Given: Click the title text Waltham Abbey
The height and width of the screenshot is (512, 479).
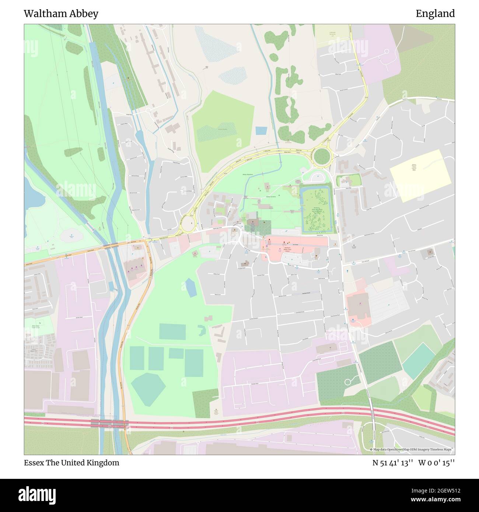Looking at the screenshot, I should (61, 14).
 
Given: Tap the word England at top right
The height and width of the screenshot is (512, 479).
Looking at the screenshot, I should (435, 14).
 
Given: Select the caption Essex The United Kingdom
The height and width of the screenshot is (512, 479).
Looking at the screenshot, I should (71, 463).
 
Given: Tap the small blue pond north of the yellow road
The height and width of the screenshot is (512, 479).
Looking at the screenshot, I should (261, 130).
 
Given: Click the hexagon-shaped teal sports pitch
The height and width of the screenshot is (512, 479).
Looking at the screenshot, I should (148, 385).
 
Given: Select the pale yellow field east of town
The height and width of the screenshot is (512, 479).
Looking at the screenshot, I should (420, 175).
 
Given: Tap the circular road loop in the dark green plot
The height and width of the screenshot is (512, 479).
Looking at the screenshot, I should (347, 382).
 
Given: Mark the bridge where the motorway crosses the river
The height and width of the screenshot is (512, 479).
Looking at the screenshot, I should (109, 424).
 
